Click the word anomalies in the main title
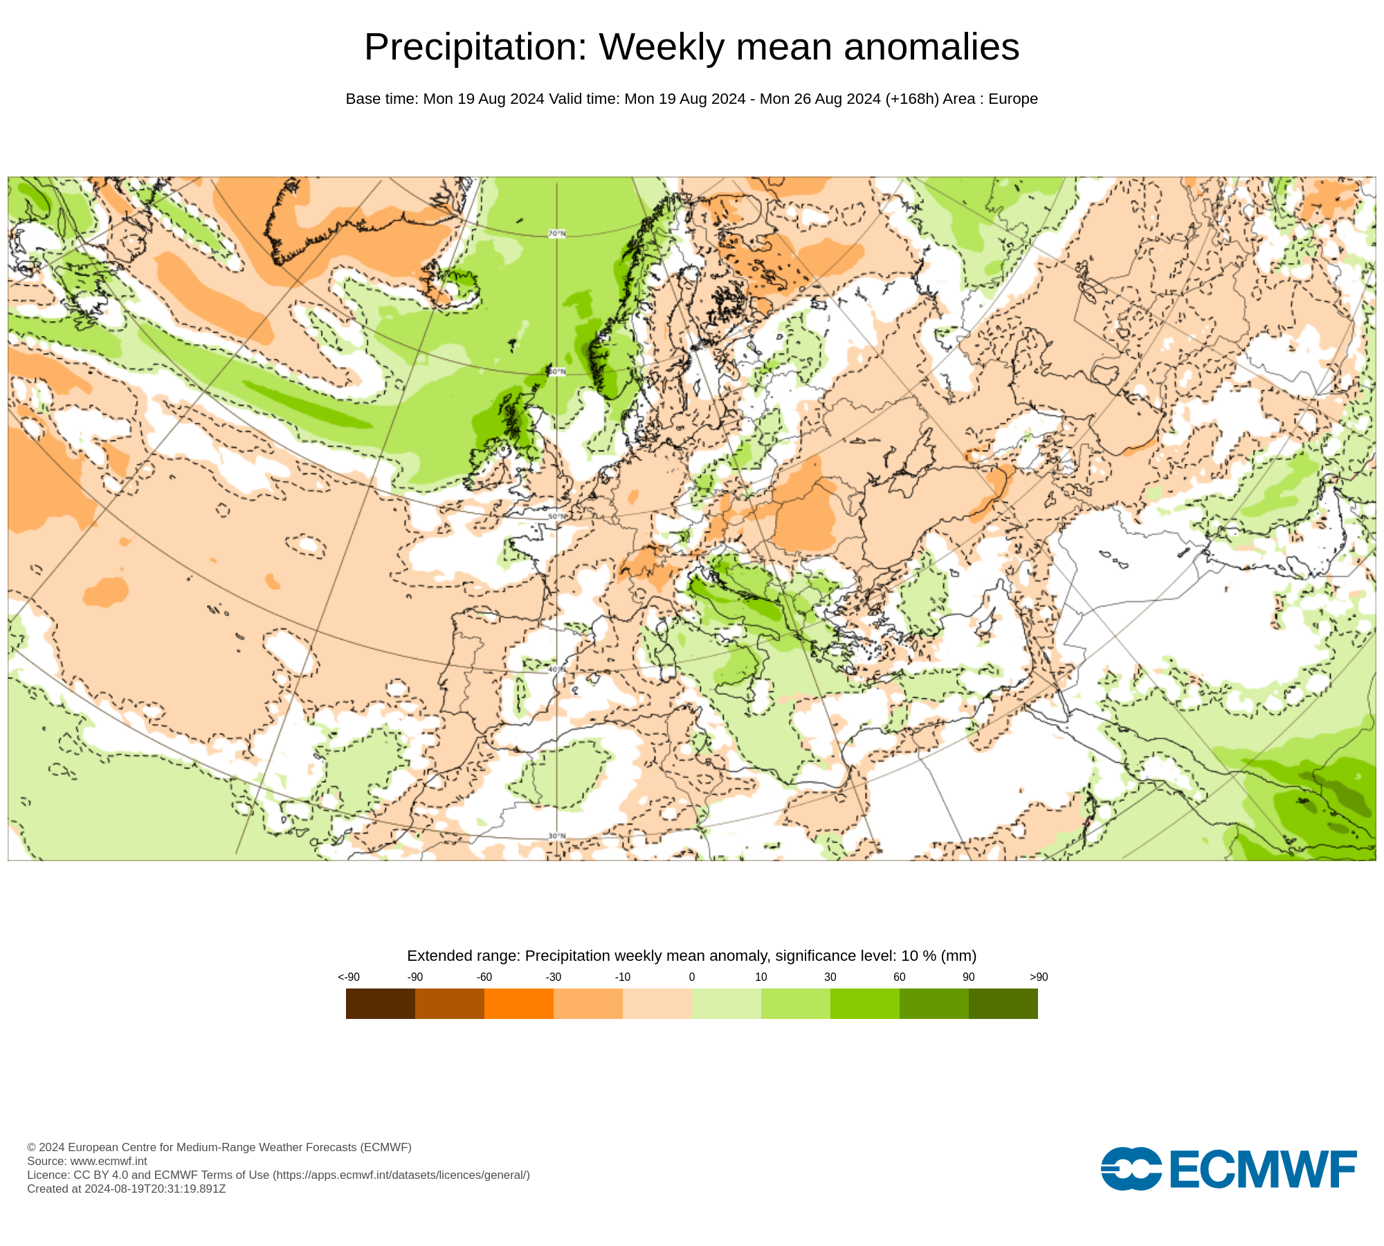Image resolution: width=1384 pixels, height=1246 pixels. [931, 47]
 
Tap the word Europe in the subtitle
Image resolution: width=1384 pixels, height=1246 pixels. [1013, 99]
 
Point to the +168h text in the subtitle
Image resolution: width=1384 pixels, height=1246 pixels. [912, 99]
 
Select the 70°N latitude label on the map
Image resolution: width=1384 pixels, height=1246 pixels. [556, 234]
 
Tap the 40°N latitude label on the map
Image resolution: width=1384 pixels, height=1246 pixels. [556, 669]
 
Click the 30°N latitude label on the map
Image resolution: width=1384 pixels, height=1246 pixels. [556, 836]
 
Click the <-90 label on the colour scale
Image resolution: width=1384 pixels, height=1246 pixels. [349, 977]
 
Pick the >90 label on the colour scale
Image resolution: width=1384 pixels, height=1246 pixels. [1039, 977]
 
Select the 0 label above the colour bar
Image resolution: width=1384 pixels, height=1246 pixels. [692, 977]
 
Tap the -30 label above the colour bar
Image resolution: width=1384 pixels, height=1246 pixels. [554, 977]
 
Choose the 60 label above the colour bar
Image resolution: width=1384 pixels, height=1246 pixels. [899, 977]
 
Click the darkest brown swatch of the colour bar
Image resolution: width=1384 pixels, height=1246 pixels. [381, 1003]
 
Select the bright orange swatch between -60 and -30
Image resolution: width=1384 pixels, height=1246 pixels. [519, 1003]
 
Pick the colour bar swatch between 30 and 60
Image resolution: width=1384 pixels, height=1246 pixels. [865, 1003]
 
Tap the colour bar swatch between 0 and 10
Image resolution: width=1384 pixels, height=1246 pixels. [727, 1003]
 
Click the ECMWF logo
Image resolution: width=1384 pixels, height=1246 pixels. [1228, 1168]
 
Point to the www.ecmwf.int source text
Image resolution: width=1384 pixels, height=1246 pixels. [109, 1161]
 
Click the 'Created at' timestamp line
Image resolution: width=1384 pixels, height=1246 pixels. [127, 1189]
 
